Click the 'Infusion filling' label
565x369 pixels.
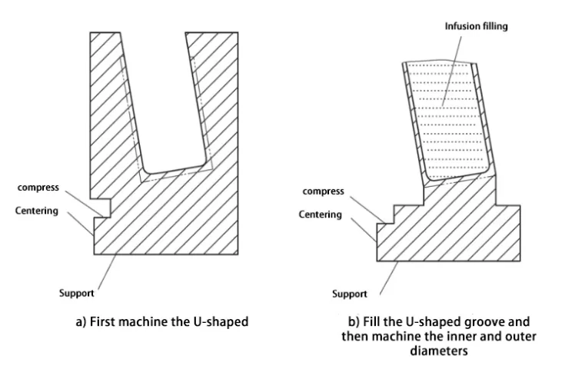point(477,26)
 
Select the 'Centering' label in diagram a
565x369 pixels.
point(37,210)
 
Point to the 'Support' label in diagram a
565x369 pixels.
point(77,293)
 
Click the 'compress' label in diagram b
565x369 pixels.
point(323,191)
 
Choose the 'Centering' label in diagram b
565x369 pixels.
point(321,214)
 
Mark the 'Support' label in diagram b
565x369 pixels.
point(349,294)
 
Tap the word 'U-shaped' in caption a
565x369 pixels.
point(222,322)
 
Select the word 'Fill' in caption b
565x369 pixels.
point(361,321)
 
